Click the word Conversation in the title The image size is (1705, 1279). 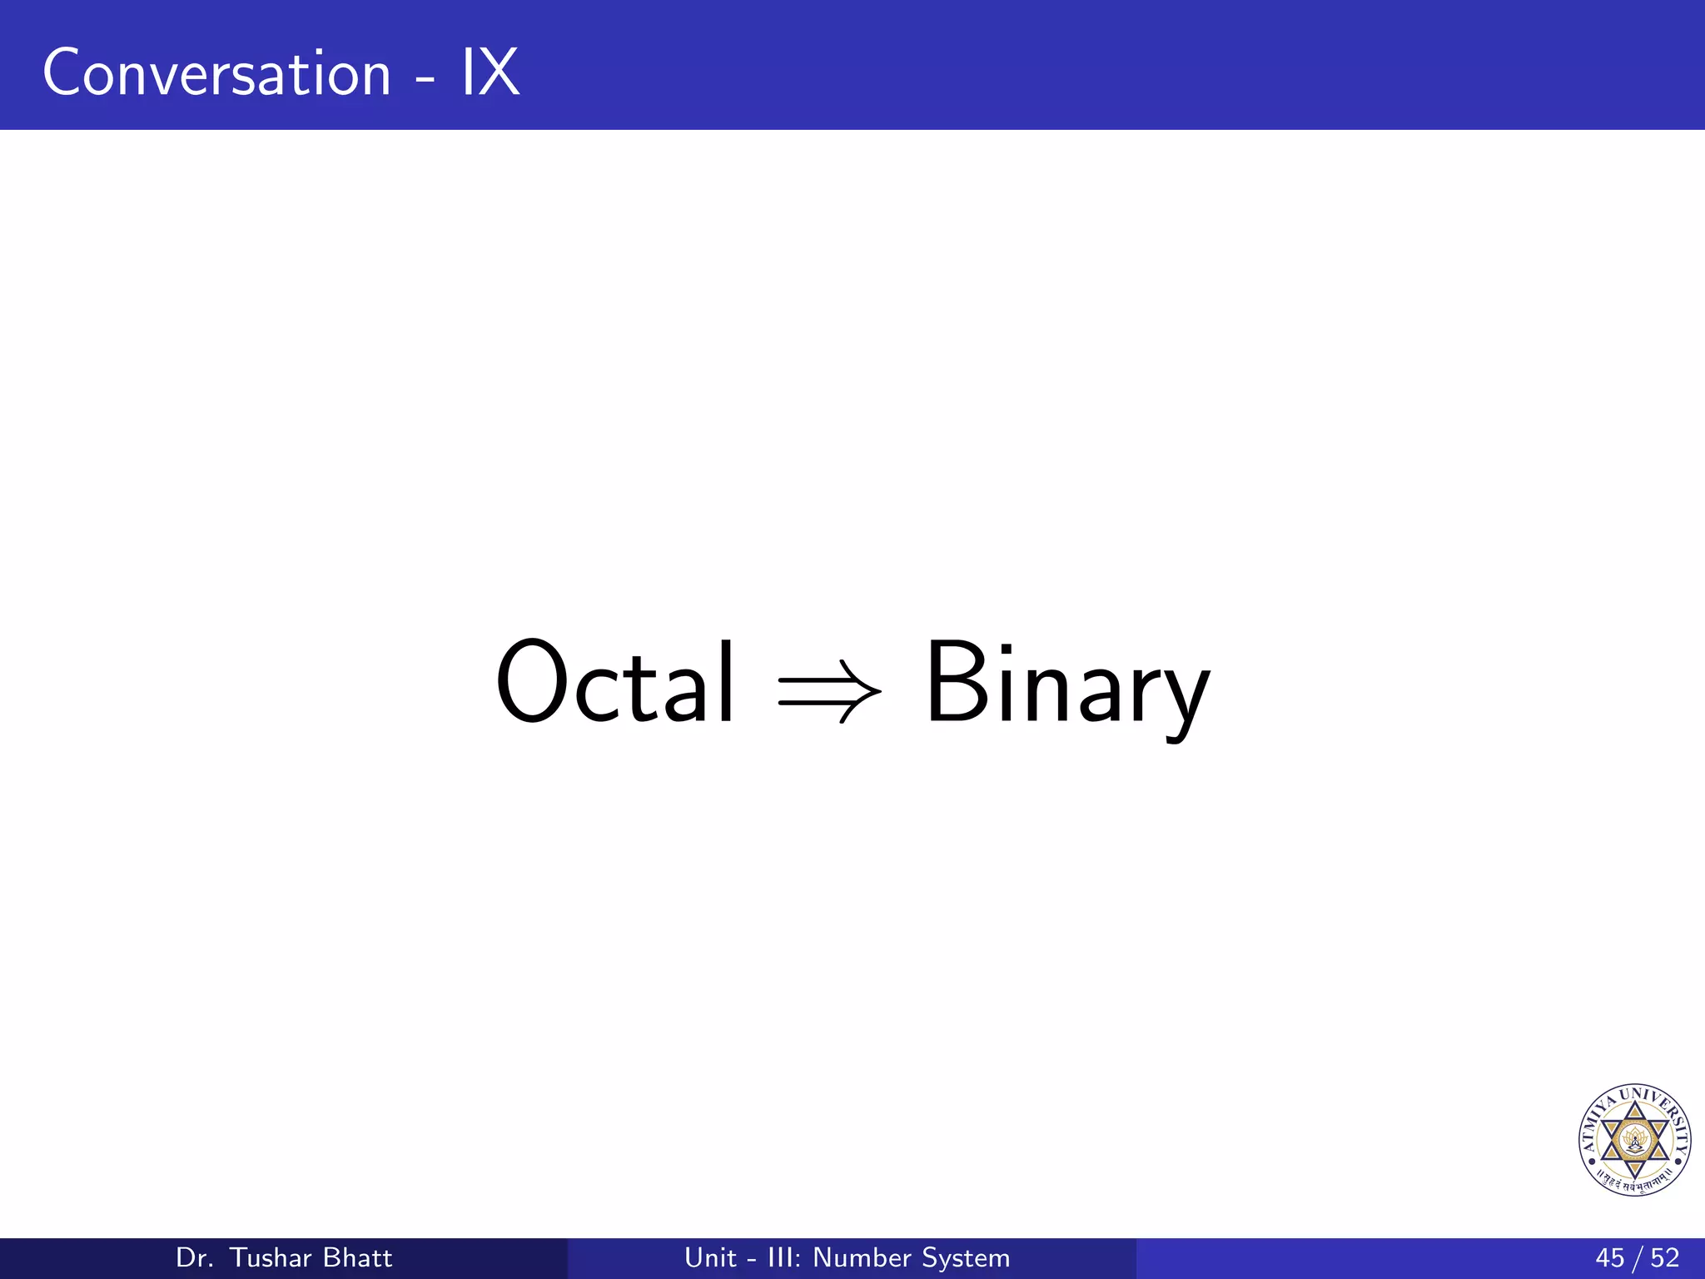click(x=216, y=73)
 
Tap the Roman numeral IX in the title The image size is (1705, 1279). click(x=490, y=73)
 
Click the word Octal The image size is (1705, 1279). click(x=615, y=682)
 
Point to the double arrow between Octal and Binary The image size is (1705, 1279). click(x=829, y=690)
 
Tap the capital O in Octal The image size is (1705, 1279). click(x=532, y=680)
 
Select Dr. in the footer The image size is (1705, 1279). click(x=195, y=1257)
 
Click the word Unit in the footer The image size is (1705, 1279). click(x=710, y=1257)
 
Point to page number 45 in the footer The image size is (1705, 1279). click(x=1609, y=1257)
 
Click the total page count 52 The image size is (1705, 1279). click(x=1664, y=1257)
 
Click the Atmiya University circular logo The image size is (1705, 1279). click(x=1635, y=1140)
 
